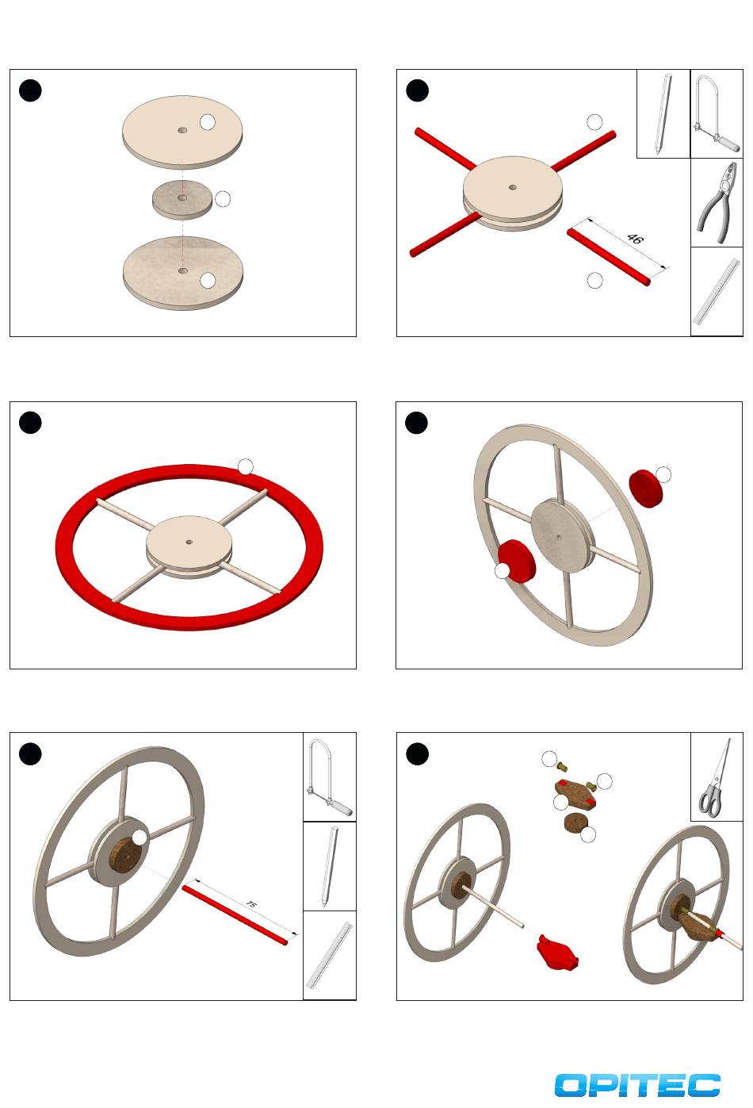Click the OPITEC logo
637,1086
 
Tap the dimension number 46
635,239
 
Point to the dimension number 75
251,904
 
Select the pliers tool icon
717,203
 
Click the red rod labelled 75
235,915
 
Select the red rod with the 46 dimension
608,257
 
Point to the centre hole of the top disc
182,130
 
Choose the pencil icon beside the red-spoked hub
663,113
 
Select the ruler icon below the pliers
717,291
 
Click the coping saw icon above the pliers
716,113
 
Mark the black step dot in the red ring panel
30,423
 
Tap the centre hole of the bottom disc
183,270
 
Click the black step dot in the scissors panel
417,753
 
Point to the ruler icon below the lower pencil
329,954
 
